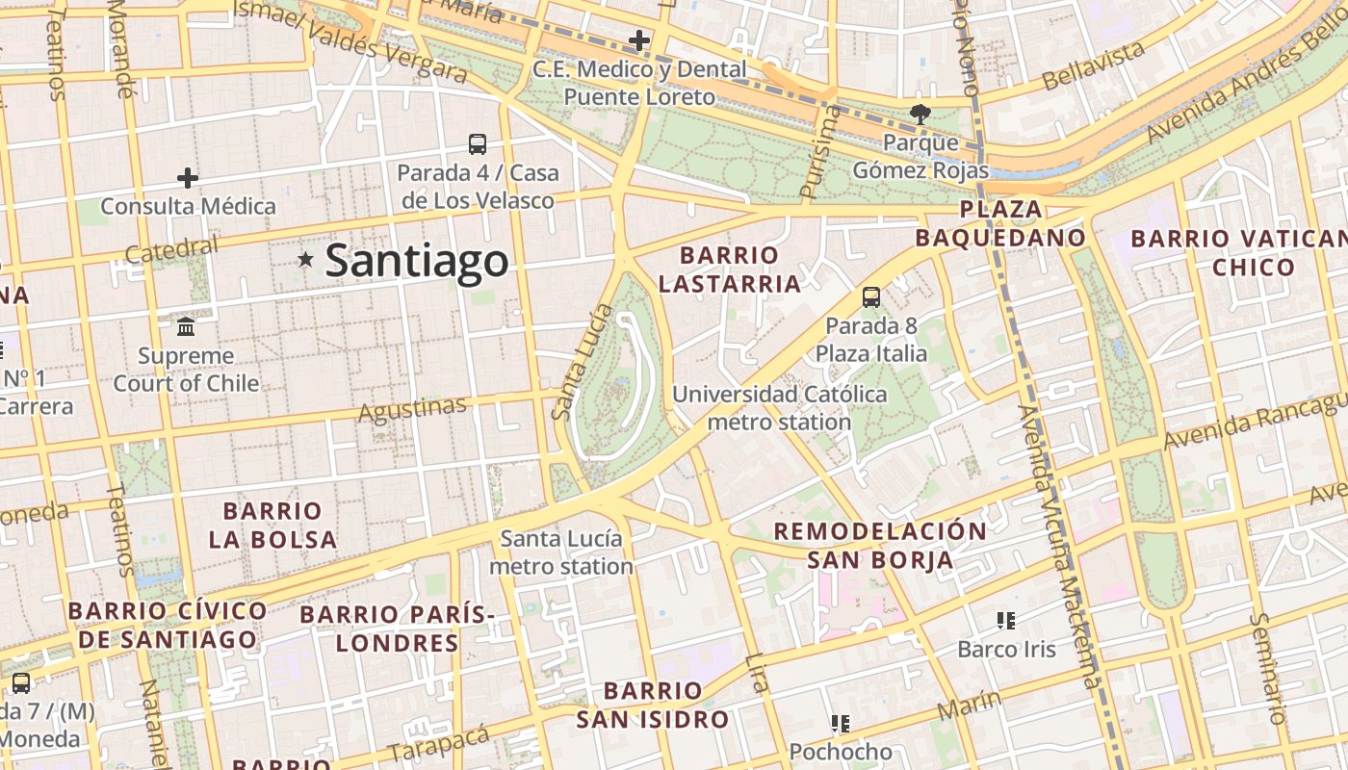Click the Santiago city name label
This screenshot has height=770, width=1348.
[416, 261]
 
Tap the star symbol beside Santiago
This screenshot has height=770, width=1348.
[306, 259]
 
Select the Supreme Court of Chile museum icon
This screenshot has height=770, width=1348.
[186, 327]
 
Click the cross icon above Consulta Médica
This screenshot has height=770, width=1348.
[188, 178]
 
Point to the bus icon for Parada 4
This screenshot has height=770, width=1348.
[478, 144]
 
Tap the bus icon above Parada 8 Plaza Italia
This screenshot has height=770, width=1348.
[871, 296]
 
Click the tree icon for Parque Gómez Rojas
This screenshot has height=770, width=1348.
[920, 115]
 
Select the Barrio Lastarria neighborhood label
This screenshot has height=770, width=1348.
[741, 269]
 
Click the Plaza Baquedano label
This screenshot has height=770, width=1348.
[1000, 223]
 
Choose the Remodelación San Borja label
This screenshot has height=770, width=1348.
[880, 546]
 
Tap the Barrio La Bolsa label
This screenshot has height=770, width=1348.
[272, 525]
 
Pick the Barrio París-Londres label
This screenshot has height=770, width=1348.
[397, 629]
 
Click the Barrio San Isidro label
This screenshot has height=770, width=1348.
[653, 705]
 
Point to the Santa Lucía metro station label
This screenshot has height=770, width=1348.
[561, 552]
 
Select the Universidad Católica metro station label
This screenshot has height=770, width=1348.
[780, 408]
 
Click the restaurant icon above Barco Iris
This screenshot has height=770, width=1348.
[1006, 621]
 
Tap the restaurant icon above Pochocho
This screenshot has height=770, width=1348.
[841, 723]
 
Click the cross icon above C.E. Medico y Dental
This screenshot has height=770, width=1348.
[638, 40]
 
